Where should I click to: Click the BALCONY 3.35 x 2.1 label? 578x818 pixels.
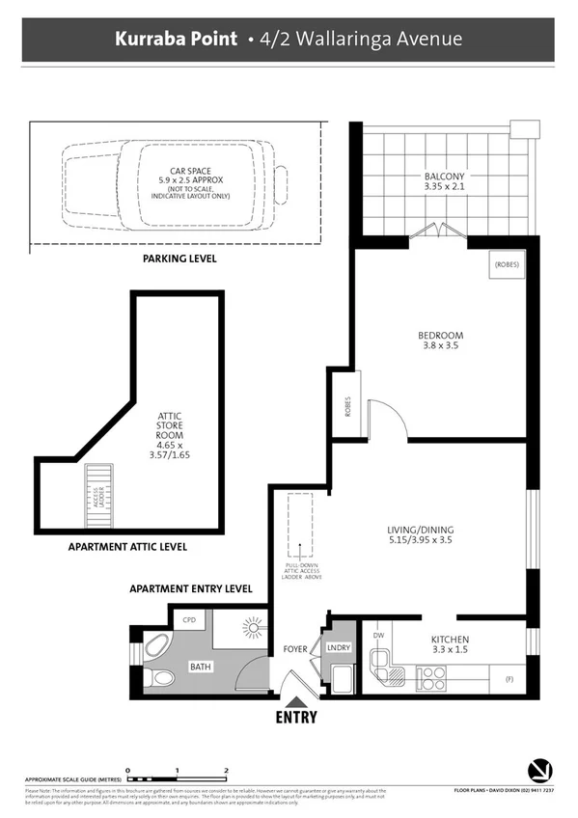[444, 181]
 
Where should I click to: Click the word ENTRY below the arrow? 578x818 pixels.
[295, 719]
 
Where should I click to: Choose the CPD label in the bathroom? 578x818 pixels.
[188, 621]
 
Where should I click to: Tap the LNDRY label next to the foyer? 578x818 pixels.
[338, 648]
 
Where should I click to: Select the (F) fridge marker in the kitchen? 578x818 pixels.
[509, 679]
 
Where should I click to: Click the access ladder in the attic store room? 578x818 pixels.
[97, 496]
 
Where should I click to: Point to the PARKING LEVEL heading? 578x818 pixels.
[179, 259]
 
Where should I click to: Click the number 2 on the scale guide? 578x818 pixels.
[226, 770]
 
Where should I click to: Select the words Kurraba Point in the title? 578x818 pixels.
[175, 40]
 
